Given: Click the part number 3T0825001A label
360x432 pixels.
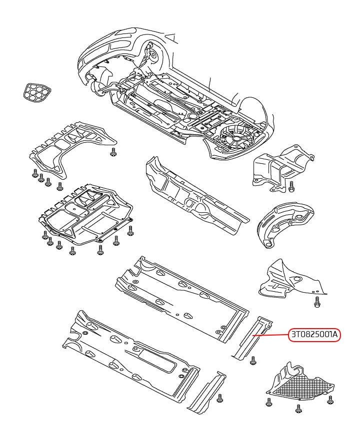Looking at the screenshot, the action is (x=314, y=335).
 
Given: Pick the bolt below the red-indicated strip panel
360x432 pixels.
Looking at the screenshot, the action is (x=252, y=361).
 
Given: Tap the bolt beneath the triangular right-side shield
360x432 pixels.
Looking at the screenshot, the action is (x=317, y=302).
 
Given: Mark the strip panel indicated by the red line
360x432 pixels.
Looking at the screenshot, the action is (x=251, y=338).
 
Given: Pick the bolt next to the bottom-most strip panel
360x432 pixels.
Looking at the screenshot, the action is (x=220, y=398).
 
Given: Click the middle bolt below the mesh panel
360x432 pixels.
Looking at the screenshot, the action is (x=298, y=409).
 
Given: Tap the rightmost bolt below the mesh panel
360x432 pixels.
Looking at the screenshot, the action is (x=330, y=400).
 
